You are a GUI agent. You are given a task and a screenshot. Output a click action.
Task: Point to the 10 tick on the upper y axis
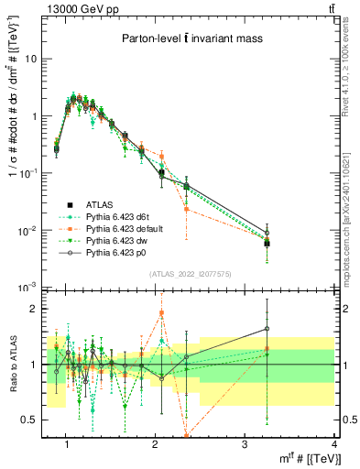coord(35,59)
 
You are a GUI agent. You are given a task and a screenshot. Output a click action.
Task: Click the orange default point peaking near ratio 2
coord(161,313)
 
